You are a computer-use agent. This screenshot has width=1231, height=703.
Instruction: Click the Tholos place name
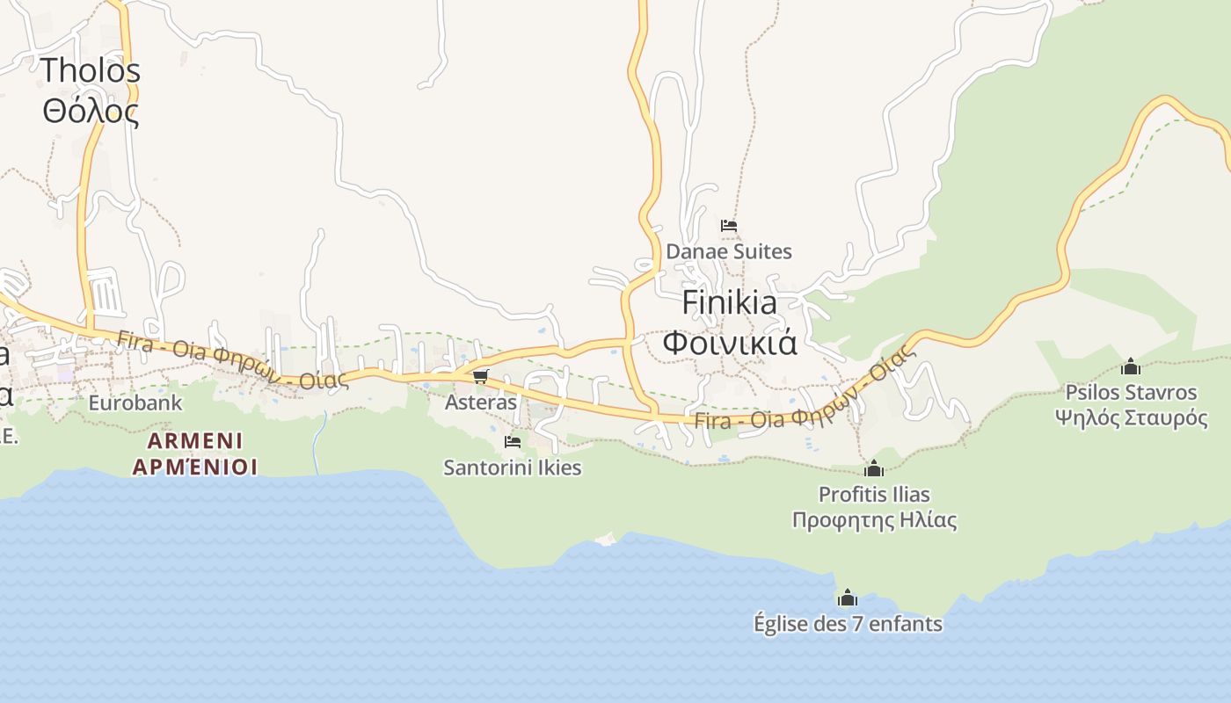click(x=91, y=69)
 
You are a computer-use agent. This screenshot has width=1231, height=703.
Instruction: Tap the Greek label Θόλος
click(x=91, y=112)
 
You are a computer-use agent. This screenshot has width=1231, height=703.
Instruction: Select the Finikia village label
click(x=730, y=303)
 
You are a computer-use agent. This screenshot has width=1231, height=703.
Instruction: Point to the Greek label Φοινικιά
click(x=730, y=342)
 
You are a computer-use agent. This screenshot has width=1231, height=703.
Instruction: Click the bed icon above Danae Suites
click(x=729, y=226)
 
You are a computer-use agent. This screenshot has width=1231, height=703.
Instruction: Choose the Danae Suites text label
click(x=729, y=251)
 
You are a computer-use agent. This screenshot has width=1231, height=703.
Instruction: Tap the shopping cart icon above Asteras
click(x=480, y=377)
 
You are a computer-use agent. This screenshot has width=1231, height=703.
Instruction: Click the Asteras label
click(x=481, y=402)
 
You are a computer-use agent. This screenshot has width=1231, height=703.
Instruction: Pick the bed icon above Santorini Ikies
click(x=513, y=441)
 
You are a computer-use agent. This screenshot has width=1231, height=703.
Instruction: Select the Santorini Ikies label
click(x=513, y=467)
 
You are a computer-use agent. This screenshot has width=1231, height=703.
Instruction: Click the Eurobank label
click(x=135, y=403)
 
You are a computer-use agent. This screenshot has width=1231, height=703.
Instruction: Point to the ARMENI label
click(x=195, y=440)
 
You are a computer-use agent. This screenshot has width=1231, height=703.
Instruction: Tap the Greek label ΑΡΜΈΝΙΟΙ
click(x=195, y=466)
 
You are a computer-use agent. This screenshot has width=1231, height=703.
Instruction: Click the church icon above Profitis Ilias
click(x=874, y=468)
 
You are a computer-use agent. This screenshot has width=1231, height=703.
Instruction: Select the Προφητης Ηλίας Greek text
click(x=874, y=520)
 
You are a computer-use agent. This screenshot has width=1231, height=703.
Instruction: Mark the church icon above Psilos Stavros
click(x=1131, y=366)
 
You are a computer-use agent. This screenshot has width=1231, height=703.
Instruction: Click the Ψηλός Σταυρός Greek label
click(x=1131, y=417)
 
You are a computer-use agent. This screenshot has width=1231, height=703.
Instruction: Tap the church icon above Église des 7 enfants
click(x=848, y=598)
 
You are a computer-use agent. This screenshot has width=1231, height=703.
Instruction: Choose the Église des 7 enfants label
click(x=848, y=624)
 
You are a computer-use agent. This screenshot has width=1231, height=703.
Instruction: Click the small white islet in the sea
click(x=606, y=539)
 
